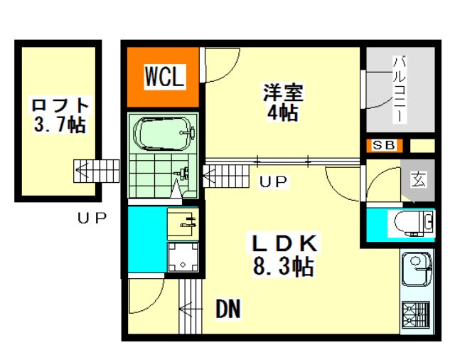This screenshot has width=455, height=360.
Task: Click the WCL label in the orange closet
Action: [x=165, y=76]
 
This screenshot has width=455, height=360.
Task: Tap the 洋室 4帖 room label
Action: [x=283, y=102]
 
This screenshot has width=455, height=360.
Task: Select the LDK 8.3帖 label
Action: [x=284, y=255]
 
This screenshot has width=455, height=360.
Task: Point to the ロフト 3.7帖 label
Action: [x=60, y=115]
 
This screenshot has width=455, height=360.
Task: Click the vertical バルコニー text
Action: [x=399, y=90]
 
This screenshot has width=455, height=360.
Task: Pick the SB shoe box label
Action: [x=384, y=145]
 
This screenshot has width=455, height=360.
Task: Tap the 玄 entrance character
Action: [x=419, y=179]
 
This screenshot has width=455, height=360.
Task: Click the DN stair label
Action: [x=228, y=309]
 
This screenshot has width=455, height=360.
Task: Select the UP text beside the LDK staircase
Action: [x=273, y=181]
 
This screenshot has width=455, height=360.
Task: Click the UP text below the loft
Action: [x=92, y=218]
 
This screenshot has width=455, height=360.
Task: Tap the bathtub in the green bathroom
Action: [x=164, y=134]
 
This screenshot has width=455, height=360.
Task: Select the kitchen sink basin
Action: [x=416, y=268]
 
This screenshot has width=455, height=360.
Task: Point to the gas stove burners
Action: [x=415, y=315]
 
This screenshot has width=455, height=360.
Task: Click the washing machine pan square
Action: [x=183, y=258]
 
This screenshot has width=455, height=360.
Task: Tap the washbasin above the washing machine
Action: [x=183, y=224]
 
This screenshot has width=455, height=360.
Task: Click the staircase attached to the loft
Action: [x=97, y=171]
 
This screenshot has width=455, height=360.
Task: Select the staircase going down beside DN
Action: [x=190, y=307]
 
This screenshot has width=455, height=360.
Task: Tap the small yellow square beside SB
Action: [x=422, y=145]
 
